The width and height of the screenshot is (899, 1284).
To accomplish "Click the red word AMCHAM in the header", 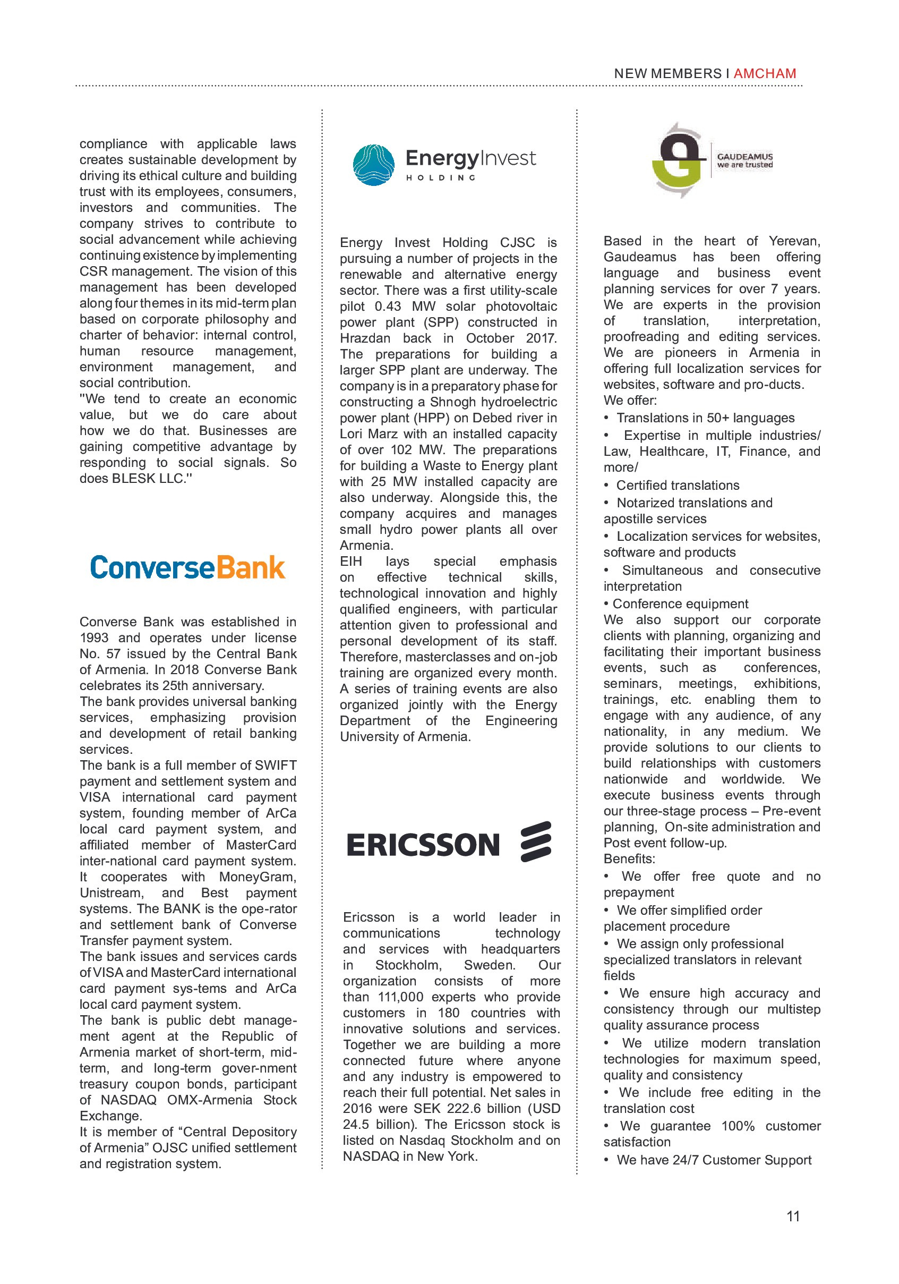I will coord(764,73).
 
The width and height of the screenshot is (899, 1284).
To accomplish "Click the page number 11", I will coord(793,1216).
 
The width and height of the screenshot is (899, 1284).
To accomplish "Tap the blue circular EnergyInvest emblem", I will coord(373,165).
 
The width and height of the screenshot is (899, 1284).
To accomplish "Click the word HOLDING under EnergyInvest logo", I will coord(441,178).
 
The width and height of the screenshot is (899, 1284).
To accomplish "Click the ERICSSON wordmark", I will coord(423,845).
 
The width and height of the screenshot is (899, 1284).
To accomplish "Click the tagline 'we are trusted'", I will coord(744,165).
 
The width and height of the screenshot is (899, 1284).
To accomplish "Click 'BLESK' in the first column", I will coord(133,479).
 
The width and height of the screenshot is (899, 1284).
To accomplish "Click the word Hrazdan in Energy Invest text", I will coord(365,338).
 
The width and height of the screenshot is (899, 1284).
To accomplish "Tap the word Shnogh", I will coord(453,402).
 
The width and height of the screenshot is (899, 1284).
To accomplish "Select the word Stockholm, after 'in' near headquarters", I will coord(408,965).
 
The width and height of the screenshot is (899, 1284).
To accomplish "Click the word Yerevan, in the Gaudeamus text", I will coord(794,241).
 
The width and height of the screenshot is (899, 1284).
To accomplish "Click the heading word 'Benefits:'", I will coord(629,859).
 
